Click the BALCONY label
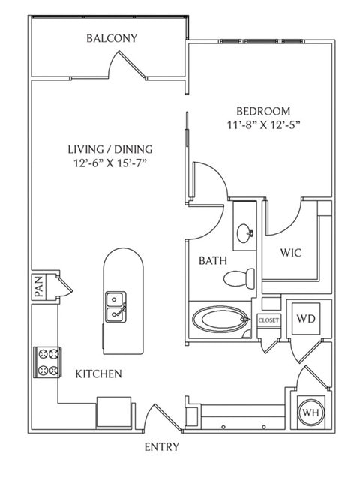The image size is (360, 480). click(112, 38)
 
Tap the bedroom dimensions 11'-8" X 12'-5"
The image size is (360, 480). click(263, 125)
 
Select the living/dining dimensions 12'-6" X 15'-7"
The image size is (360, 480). click(110, 163)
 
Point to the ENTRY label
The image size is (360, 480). click(162, 447)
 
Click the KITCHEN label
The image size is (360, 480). click(98, 373)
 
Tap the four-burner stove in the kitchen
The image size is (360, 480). click(48, 362)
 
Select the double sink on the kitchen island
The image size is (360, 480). click(115, 307)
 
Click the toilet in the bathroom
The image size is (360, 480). click(239, 277)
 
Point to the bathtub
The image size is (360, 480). click(220, 319)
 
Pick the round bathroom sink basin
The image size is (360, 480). click(244, 233)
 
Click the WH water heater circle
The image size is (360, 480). click(310, 412)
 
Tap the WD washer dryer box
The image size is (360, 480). click(306, 319)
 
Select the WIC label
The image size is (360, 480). click(291, 253)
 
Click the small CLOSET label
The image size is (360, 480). click(268, 320)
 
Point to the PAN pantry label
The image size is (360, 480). click(38, 286)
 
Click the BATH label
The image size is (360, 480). click(213, 261)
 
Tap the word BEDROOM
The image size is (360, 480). click(263, 111)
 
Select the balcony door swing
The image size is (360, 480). click(126, 64)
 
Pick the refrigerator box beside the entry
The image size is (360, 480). click(114, 412)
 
